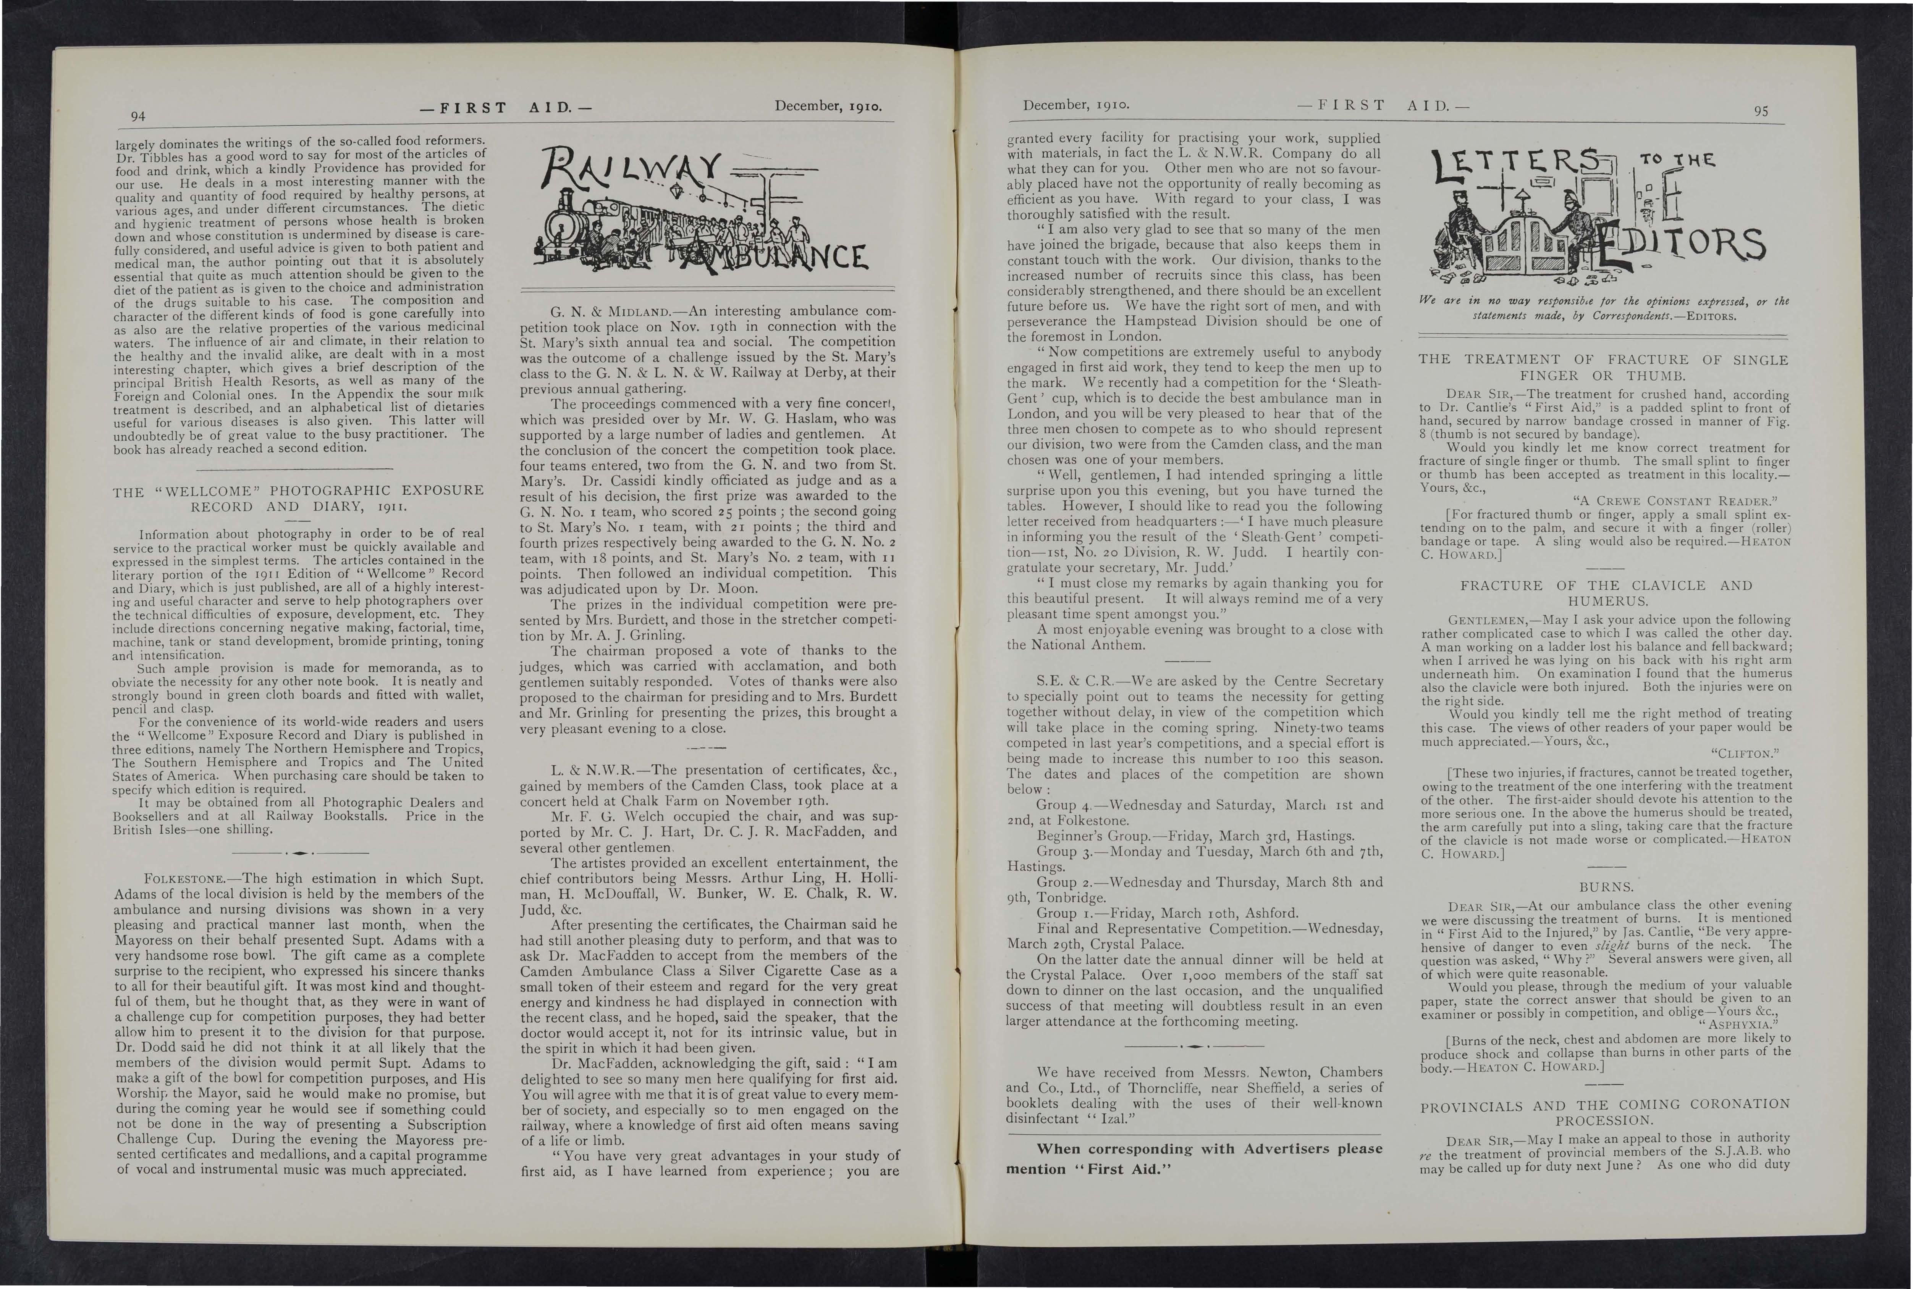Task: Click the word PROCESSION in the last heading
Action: coord(1604,1120)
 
